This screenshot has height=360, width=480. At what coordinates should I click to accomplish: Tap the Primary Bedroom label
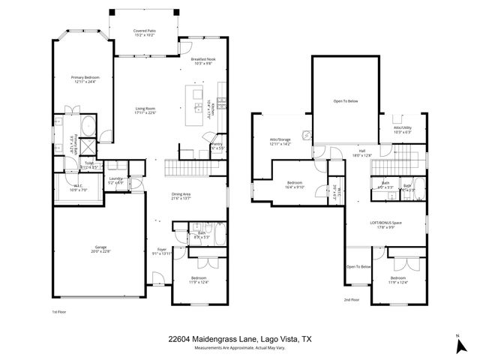[85, 79]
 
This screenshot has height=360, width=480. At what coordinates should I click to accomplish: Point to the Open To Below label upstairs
[346, 100]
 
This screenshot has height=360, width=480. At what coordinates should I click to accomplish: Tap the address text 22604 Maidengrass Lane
[240, 340]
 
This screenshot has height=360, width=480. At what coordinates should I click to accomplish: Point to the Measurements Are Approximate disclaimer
[240, 348]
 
